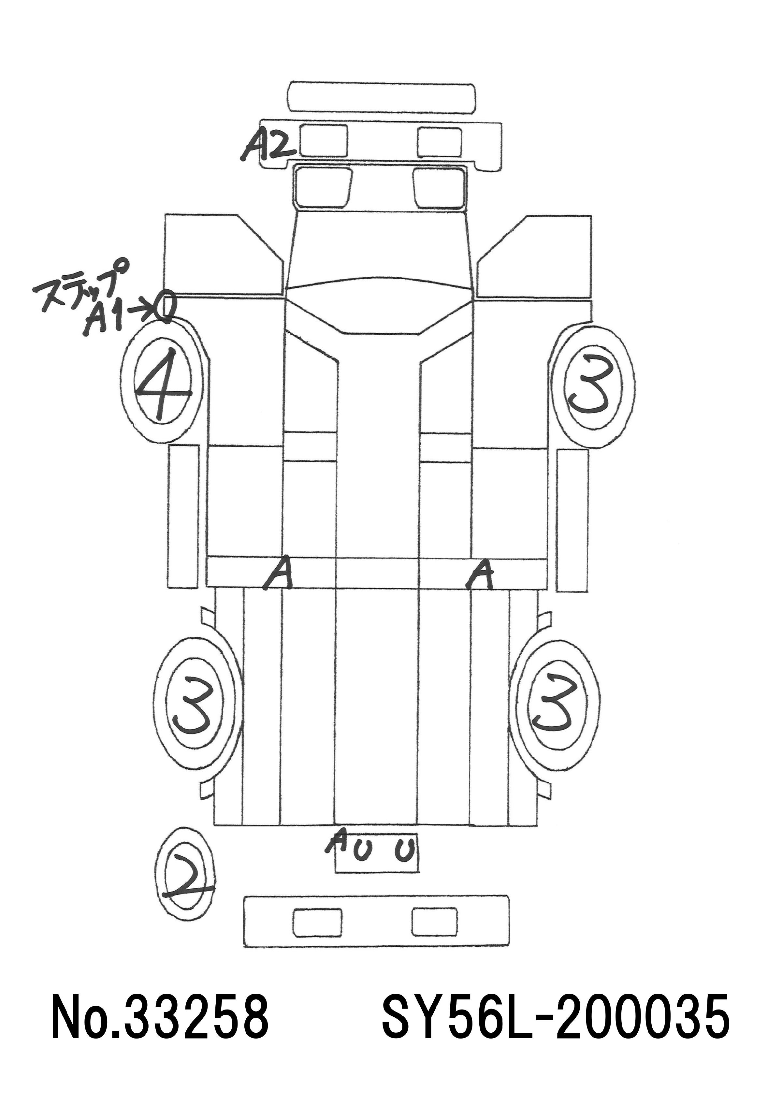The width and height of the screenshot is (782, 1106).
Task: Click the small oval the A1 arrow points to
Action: pyautogui.click(x=167, y=306)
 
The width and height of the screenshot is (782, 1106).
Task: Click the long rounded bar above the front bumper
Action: pyautogui.click(x=381, y=98)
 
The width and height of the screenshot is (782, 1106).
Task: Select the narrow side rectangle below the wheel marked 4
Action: pyautogui.click(x=183, y=517)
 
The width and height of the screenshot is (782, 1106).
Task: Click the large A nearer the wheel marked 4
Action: pyautogui.click(x=278, y=573)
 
